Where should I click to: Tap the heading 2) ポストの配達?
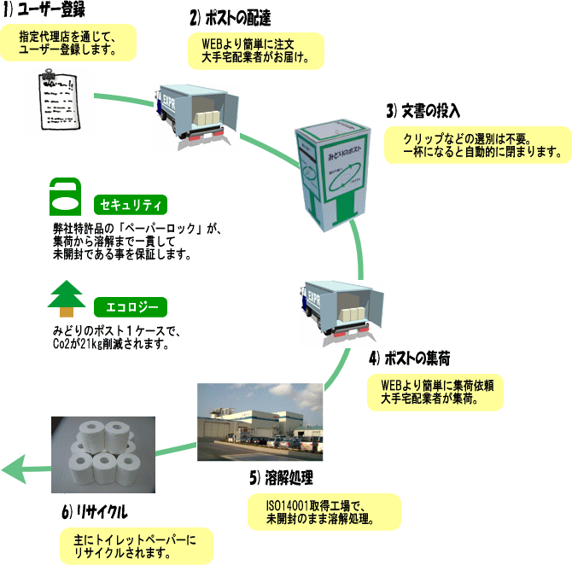point(229,17)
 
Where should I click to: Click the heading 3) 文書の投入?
point(423,111)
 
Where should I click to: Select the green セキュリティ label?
point(130,205)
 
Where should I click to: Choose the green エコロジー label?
point(130,306)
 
